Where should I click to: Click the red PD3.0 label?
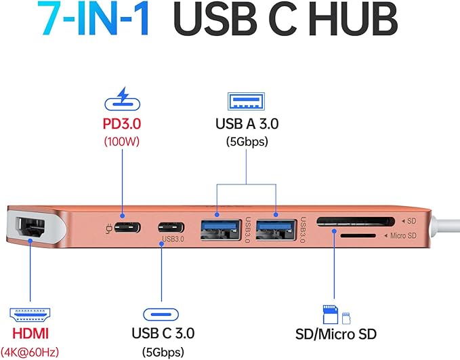(125, 125)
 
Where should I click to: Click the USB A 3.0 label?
(247, 123)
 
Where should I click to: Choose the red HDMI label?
(29, 334)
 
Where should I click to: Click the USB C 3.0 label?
(162, 334)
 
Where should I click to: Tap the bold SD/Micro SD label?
(337, 334)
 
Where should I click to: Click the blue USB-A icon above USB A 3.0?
(247, 100)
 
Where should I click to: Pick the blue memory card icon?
(335, 313)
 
